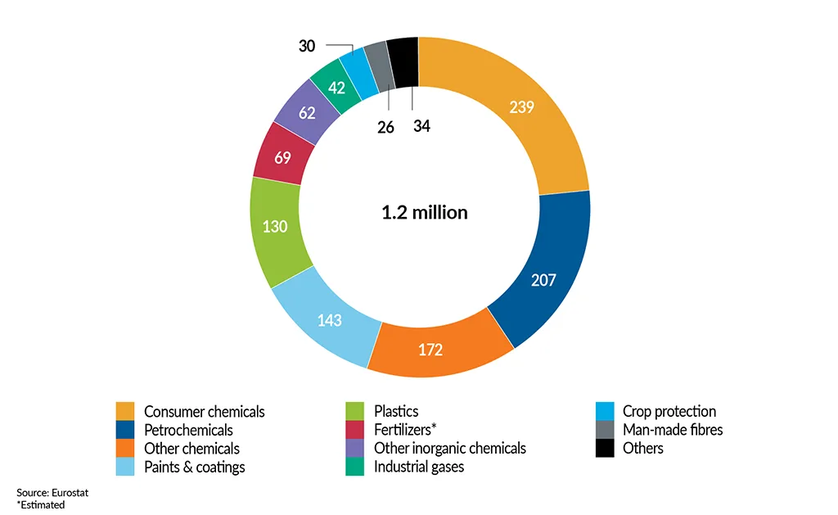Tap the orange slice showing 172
(x=429, y=350)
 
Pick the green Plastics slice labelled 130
(x=275, y=226)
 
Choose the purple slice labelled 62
(x=307, y=113)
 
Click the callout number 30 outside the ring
(x=307, y=47)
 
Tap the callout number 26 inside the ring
(x=385, y=127)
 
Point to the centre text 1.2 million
(x=424, y=213)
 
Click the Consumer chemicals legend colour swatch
(x=124, y=411)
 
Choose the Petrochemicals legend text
(x=188, y=430)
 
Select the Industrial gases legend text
(x=418, y=467)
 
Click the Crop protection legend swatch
(x=605, y=411)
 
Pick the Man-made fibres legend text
(x=672, y=430)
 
